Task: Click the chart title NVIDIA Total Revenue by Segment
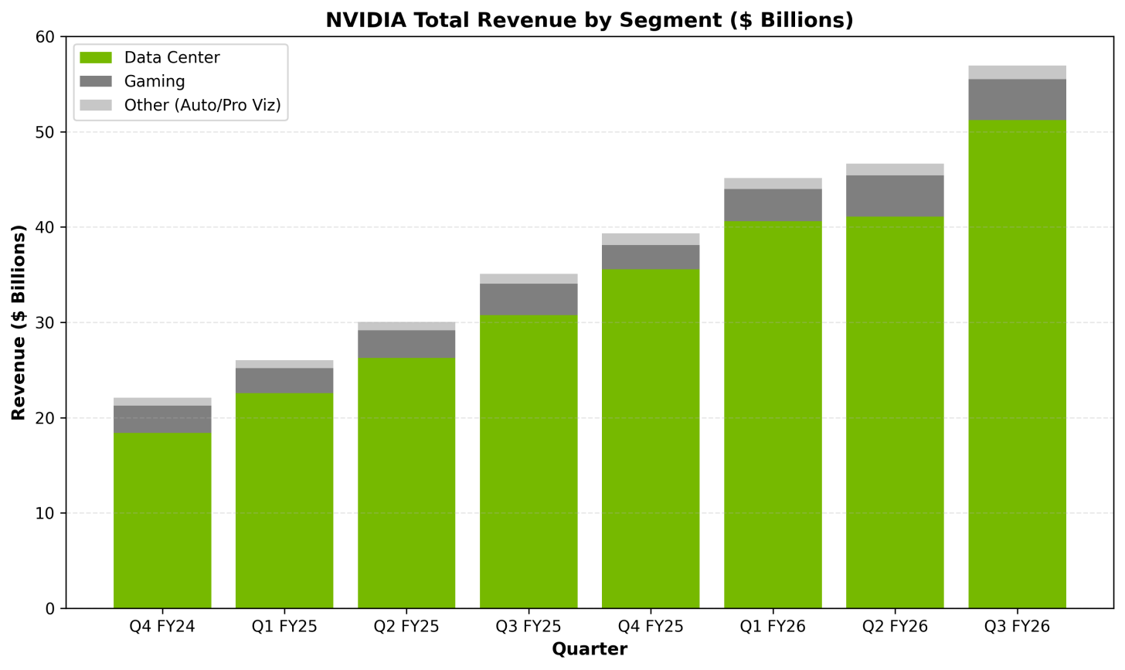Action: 589,20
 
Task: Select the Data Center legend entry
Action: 172,58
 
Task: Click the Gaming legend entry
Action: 155,82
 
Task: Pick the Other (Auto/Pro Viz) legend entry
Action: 202,105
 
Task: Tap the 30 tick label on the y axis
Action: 46,323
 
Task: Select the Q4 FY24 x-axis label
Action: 162,627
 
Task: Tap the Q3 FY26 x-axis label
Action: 1017,627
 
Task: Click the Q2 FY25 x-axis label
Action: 406,627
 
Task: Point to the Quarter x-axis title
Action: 589,650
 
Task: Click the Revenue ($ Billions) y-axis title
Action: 19,322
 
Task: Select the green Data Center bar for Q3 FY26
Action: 1017,363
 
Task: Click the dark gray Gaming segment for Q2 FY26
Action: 895,196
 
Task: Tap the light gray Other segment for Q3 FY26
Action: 1017,73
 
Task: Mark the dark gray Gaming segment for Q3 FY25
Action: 529,300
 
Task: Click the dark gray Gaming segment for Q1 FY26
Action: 773,205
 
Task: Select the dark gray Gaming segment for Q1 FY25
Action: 284,381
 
